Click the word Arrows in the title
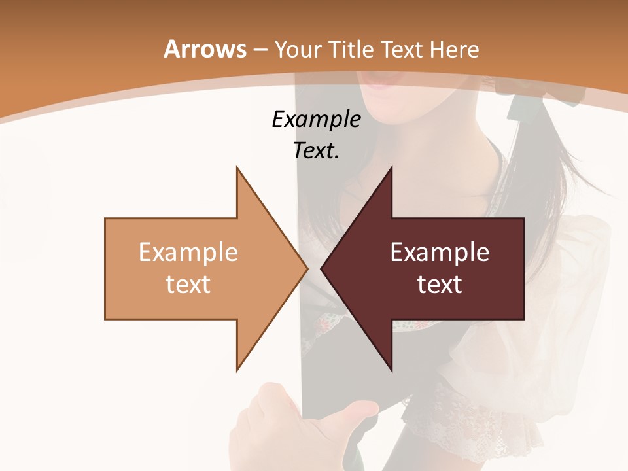(205, 49)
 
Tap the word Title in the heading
(351, 49)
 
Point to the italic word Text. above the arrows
(316, 151)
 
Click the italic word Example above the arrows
(316, 119)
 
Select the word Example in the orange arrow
(188, 252)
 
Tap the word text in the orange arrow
(188, 284)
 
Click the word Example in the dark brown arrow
(440, 252)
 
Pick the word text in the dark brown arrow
(440, 284)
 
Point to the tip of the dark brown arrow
(323, 268)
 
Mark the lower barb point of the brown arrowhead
(391, 370)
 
